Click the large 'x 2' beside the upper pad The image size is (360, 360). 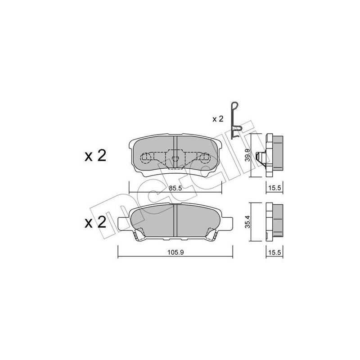pyautogui.click(x=95, y=156)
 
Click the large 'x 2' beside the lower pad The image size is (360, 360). pyautogui.click(x=95, y=222)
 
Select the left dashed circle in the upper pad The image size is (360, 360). pyautogui.click(x=145, y=157)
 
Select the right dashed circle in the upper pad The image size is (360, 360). pyautogui.click(x=205, y=157)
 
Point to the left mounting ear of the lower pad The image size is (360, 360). pyautogui.click(x=123, y=222)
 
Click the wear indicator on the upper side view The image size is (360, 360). pyautogui.click(x=259, y=157)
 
